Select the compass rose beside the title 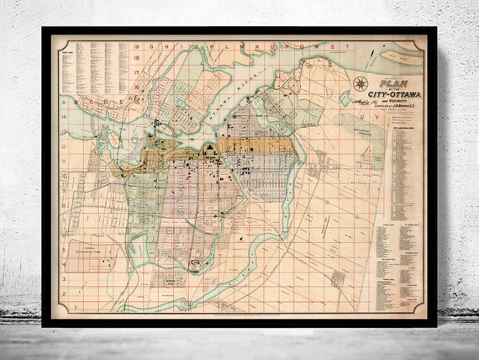(361, 83)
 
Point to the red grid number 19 (135, 49)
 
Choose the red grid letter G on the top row (152, 49)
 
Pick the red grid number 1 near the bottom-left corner (63, 306)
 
